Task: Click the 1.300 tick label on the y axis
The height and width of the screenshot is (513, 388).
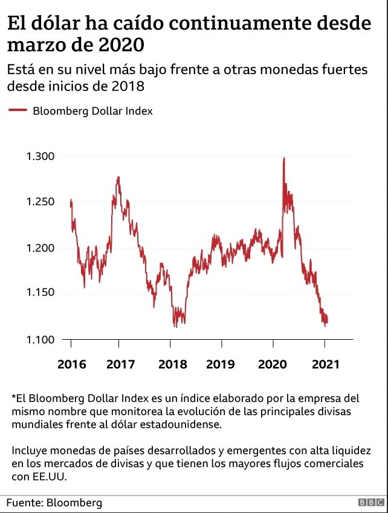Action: coord(40,156)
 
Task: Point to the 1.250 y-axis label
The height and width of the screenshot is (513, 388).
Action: coord(40,202)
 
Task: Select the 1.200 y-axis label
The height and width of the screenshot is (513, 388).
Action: coord(40,247)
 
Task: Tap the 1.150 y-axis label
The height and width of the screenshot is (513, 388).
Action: coord(40,293)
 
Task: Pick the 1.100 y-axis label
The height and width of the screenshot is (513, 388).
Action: coord(40,339)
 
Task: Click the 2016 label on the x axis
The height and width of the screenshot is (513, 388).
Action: coord(72,365)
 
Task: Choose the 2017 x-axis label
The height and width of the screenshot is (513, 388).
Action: coord(120,365)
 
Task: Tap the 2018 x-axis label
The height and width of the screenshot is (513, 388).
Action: coord(172,365)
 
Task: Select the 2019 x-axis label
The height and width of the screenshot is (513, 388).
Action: coord(221,365)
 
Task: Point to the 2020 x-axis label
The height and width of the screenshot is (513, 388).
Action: coord(273,365)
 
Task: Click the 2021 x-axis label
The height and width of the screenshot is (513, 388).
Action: coord(324,365)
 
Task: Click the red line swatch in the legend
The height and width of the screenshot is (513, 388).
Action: coord(17,110)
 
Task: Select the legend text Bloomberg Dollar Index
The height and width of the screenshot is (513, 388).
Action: coord(92,111)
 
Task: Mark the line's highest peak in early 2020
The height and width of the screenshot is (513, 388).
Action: coord(283,159)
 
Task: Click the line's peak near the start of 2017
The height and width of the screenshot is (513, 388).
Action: coord(118,177)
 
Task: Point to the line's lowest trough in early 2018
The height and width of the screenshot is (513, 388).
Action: coord(175,326)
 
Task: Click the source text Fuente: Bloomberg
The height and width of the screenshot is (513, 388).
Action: coord(54,502)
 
